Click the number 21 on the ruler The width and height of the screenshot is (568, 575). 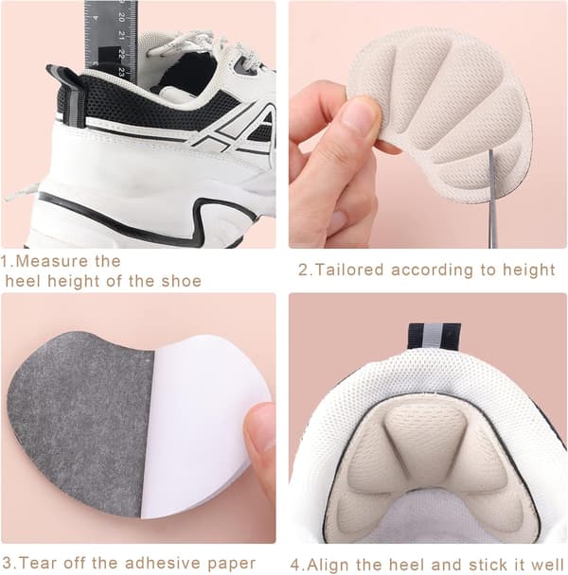[x=122, y=36]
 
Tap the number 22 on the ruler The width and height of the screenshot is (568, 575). [x=122, y=54]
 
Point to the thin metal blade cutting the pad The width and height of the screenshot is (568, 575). [x=492, y=198]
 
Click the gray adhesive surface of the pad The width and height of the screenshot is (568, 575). [x=80, y=422]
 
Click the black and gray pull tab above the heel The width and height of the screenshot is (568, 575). [x=435, y=337]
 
